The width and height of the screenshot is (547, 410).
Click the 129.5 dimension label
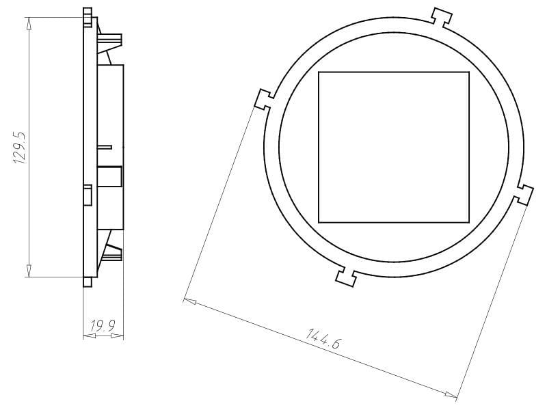coord(20,148)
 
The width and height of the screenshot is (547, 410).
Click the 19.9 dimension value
coord(103,326)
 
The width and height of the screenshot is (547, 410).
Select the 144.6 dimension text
coord(323,338)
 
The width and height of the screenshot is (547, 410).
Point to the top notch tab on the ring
coord(442,16)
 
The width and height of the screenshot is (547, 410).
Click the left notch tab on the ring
coord(265,100)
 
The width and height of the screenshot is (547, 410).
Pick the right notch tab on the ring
coord(523,195)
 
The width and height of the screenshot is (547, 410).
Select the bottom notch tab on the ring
coord(347,277)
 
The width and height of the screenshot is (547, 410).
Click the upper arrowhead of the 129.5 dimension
coord(29,24)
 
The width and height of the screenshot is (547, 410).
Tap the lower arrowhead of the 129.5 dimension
coord(29,271)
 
